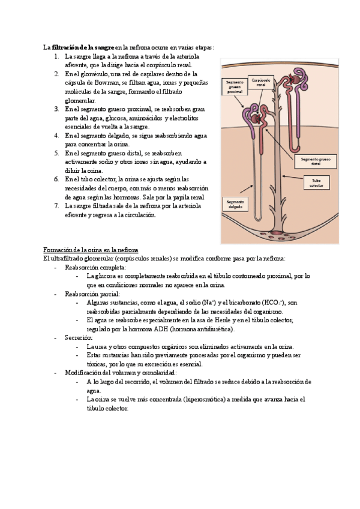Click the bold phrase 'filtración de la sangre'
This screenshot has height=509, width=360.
[x=83, y=47]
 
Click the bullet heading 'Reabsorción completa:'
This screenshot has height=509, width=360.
[x=95, y=267]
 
